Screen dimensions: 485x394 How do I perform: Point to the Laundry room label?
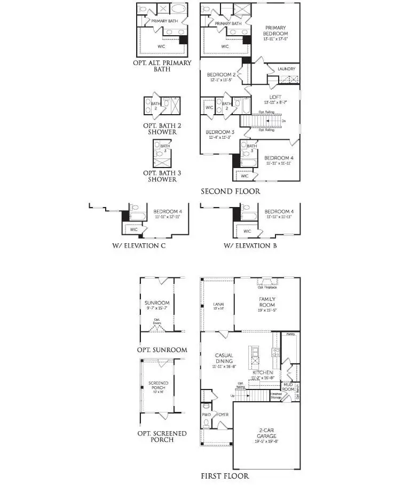(286, 69)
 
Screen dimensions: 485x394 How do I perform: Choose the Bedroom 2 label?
(222, 75)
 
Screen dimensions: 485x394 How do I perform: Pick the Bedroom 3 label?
(220, 132)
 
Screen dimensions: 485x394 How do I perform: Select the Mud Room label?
(288, 386)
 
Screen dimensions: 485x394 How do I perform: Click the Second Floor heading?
(230, 191)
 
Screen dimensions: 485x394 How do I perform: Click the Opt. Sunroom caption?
(162, 350)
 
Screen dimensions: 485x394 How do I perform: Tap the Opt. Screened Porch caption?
(162, 437)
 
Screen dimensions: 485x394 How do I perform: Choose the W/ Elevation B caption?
(250, 246)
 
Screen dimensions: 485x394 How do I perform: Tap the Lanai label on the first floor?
(218, 306)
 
